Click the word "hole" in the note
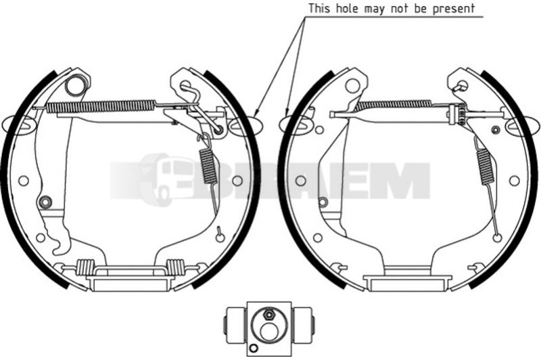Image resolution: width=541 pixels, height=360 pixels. pyautogui.click(x=348, y=8)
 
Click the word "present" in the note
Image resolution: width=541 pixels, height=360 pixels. pyautogui.click(x=454, y=9)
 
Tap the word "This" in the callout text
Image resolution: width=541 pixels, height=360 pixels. pyautogui.click(x=320, y=8)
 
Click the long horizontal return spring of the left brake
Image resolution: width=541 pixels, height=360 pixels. pyautogui.click(x=101, y=106)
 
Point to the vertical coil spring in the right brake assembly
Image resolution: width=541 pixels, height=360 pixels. pyautogui.click(x=484, y=165)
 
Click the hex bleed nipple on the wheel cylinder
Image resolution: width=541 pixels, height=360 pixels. pyautogui.click(x=268, y=315)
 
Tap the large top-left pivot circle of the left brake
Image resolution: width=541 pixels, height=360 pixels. pyautogui.click(x=76, y=85)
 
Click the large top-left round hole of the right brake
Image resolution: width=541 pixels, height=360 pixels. pyautogui.click(x=352, y=85)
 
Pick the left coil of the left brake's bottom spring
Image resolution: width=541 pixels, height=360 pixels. pyautogui.click(x=85, y=267)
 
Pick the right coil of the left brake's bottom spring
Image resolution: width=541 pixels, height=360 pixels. pyautogui.click(x=175, y=267)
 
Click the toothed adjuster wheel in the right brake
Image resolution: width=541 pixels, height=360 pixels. pyautogui.click(x=460, y=115)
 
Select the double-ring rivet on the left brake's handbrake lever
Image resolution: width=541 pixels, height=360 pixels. pyautogui.click(x=45, y=202)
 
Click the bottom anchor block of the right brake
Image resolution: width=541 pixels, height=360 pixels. pyautogui.click(x=408, y=282)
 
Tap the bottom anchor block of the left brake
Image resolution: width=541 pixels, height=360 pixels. pyautogui.click(x=129, y=282)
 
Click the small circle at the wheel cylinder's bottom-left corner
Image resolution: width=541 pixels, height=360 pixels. pyautogui.click(x=254, y=348)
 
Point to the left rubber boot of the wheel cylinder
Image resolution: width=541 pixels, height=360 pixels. pyautogui.click(x=235, y=325)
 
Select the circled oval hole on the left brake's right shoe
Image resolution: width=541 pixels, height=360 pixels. pyautogui.click(x=243, y=124)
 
